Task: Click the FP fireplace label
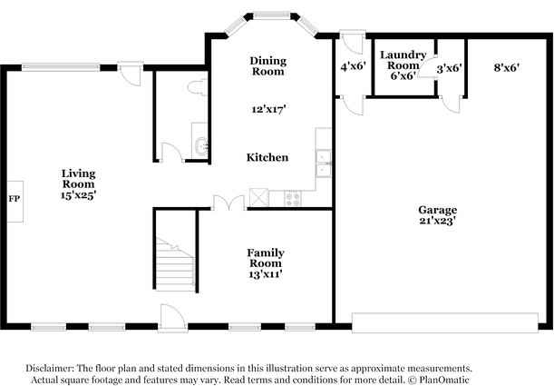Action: click(14, 197)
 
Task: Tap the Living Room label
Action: click(78, 178)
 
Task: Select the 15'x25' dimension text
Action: click(78, 194)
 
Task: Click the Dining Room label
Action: click(268, 65)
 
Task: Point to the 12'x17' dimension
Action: click(269, 109)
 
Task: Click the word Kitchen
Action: click(267, 157)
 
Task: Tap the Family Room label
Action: click(267, 258)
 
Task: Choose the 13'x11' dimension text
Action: click(267, 273)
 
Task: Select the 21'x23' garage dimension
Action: click(437, 221)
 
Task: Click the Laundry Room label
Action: click(403, 60)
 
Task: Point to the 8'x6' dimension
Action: click(506, 67)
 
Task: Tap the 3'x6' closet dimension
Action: click(450, 68)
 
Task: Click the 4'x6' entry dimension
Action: click(352, 67)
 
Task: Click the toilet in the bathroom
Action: click(197, 86)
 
